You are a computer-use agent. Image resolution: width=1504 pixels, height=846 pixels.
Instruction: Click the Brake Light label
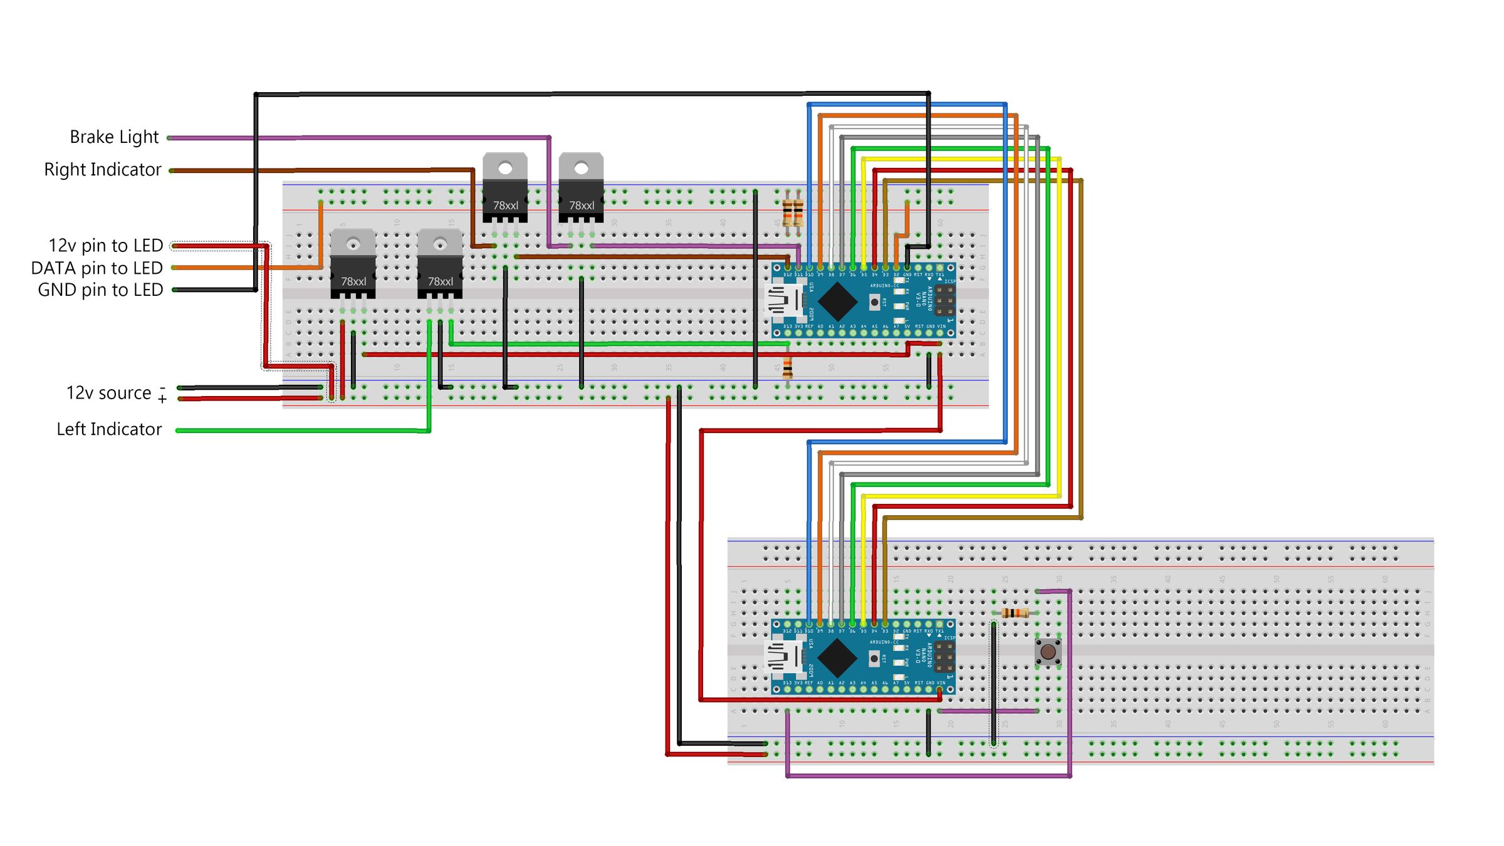114,137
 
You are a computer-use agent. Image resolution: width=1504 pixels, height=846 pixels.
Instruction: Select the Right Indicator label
103,169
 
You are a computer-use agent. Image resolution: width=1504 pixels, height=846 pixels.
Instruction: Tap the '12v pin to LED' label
105,245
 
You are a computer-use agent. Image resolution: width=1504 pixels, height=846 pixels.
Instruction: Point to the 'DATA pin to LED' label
97,268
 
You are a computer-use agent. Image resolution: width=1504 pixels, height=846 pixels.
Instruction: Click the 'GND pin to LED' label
100,290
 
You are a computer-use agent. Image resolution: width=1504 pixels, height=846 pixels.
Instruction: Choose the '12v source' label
109,393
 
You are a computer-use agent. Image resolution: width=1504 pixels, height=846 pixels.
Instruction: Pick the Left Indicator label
109,429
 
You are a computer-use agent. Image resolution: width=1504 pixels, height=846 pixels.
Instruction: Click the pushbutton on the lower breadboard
1047,652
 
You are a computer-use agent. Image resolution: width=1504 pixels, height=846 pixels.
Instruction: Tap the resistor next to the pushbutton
1015,613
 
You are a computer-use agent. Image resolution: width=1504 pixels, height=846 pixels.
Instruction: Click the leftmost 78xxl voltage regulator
353,263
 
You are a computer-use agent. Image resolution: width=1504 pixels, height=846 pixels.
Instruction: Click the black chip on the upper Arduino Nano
837,301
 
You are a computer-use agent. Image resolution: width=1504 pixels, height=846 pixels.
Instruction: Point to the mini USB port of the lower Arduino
784,657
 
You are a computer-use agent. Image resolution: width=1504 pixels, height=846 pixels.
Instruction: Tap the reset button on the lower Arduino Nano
874,659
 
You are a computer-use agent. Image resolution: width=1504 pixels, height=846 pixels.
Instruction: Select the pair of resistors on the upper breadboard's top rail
793,212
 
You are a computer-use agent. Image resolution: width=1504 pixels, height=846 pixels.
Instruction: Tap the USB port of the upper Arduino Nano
784,301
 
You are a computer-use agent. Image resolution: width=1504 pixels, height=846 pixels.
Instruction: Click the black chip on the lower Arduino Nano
837,657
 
